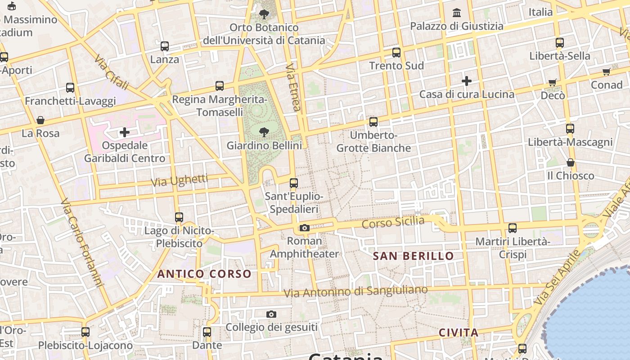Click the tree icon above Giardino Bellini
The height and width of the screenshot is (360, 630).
pos(264,132)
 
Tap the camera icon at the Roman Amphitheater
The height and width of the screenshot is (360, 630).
pos(305,228)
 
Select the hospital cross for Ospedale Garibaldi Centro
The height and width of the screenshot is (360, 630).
pos(125,132)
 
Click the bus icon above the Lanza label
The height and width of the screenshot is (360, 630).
pos(165,46)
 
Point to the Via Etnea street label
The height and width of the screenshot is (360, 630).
pos(293,87)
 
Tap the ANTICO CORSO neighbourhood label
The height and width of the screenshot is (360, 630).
pos(204,274)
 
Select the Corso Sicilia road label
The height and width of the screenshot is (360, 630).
pos(393,222)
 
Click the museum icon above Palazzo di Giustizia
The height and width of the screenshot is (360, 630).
pos(457,12)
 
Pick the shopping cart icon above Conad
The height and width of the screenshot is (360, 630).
pos(607,72)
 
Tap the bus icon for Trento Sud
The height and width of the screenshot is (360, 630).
pos(396,52)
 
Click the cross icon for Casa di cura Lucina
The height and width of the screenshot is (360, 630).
pos(467,81)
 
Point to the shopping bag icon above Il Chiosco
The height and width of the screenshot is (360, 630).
pos(571,162)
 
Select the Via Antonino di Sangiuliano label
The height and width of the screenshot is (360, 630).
pos(355,292)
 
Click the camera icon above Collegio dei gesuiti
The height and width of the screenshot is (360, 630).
pos(271,314)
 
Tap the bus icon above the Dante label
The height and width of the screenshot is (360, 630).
pos(207,332)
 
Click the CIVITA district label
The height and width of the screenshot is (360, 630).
pos(459,333)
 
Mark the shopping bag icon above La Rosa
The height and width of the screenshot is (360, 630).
pos(40,120)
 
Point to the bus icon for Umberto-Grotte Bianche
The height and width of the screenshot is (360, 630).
pos(373,121)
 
